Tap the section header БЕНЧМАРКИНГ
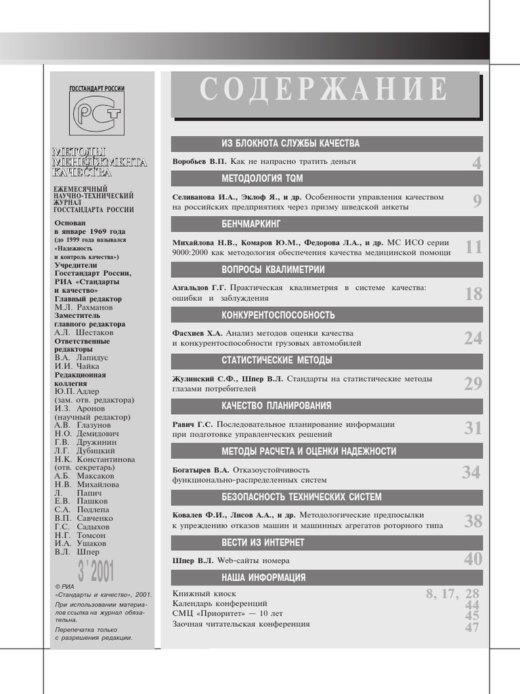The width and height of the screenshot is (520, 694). pos(251,224)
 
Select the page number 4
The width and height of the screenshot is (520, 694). pos(477,163)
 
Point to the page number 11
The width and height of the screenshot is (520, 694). pos(473,247)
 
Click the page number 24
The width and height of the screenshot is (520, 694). pos(473,338)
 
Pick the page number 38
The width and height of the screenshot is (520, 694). pos(473,520)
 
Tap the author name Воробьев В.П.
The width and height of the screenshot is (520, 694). pos(200,162)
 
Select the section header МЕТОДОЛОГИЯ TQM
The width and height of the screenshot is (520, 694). pos(262,178)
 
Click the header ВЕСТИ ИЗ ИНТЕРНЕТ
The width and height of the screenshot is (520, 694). pos(263,542)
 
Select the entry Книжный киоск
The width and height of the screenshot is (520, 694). pos(199,594)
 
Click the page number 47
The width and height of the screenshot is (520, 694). pos(472,628)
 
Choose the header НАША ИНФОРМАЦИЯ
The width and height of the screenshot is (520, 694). pos(263,577)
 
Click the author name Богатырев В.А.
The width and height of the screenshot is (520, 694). pos(201,470)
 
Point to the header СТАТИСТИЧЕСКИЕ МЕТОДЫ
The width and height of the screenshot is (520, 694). pos(276,360)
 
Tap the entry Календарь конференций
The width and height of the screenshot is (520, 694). pos(219,603)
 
